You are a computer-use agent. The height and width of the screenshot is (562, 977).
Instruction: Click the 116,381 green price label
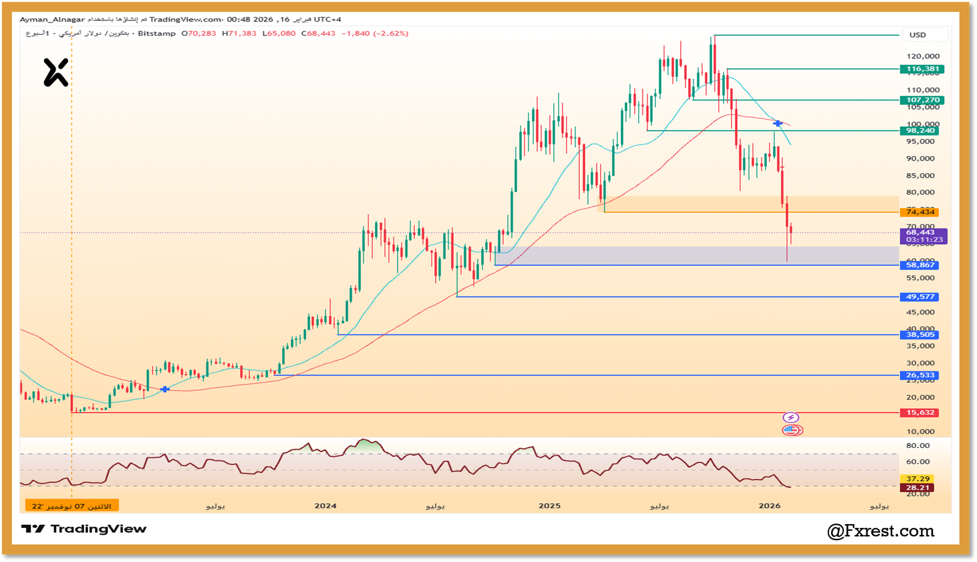(x=922, y=69)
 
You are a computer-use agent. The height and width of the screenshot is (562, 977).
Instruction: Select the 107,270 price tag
(x=922, y=100)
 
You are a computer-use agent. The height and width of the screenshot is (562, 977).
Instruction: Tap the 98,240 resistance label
(x=920, y=131)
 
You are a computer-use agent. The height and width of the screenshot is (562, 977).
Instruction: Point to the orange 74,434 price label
(x=920, y=212)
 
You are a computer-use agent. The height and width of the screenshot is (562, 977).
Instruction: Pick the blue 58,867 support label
(x=920, y=265)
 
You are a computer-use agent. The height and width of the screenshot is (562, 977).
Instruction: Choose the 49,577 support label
(x=920, y=297)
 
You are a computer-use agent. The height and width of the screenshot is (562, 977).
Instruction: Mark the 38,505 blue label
(x=920, y=334)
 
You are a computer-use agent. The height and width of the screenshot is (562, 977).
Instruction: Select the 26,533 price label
(x=920, y=375)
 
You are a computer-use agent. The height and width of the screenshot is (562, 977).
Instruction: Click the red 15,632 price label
(x=920, y=412)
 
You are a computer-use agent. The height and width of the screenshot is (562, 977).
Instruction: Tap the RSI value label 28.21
(x=917, y=488)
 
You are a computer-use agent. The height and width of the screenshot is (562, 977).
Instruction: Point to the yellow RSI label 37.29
(x=917, y=479)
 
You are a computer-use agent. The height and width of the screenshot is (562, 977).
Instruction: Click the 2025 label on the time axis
(x=550, y=506)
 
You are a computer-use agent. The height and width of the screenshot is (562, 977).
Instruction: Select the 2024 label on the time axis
(x=325, y=506)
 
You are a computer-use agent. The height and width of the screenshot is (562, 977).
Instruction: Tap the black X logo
(x=56, y=73)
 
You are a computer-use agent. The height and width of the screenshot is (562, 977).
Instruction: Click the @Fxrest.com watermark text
(x=881, y=531)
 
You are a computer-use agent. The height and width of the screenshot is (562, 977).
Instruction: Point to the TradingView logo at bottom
(x=84, y=529)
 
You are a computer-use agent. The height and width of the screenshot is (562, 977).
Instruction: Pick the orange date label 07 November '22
(x=72, y=506)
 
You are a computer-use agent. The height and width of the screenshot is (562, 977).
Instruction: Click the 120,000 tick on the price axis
(x=923, y=56)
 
